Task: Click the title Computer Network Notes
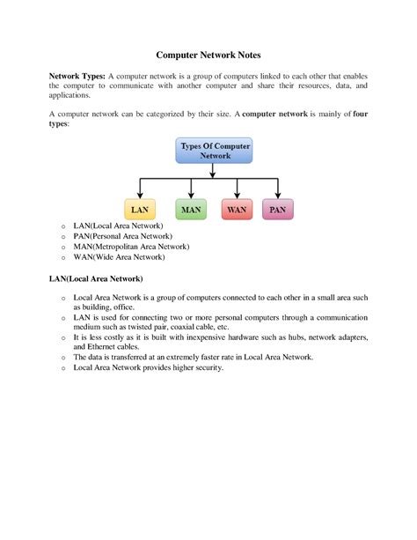(x=208, y=55)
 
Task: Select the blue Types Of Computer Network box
(x=208, y=150)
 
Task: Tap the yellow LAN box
(x=140, y=210)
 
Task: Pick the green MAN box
(x=191, y=210)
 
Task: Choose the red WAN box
(x=237, y=210)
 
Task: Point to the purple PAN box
(x=278, y=210)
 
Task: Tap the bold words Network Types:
(x=77, y=77)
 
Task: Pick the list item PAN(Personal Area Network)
(x=123, y=236)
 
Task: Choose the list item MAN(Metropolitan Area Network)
(x=131, y=247)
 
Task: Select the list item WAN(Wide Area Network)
(x=119, y=257)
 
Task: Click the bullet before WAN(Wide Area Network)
(x=63, y=258)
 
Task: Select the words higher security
(x=195, y=367)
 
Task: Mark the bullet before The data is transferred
(x=63, y=358)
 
